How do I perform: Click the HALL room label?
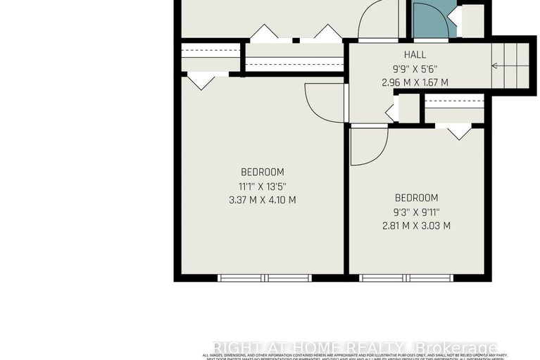415,55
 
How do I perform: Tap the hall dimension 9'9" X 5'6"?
415,69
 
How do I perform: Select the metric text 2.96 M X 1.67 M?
415,82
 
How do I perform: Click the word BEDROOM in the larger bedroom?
262,172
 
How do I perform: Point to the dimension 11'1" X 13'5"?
262,186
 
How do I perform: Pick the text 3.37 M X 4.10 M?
262,199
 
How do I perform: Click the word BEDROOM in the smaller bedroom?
416,198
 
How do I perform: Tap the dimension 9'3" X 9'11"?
416,212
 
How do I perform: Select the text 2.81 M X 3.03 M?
416,225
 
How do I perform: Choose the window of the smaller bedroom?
406,278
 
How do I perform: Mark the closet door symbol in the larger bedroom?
201,80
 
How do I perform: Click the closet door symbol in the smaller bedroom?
458,130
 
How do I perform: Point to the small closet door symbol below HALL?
391,111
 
